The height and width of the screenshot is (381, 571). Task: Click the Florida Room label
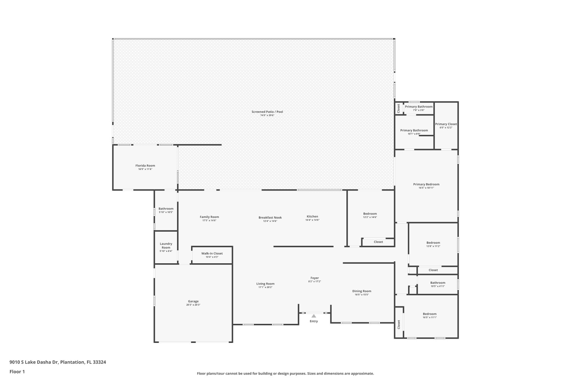145,166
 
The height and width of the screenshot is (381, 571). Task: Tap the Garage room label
193,301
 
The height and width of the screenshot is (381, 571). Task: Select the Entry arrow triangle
313,316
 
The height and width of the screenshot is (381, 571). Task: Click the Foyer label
314,278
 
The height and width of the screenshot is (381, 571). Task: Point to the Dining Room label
361,291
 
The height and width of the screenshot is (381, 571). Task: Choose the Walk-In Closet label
212,253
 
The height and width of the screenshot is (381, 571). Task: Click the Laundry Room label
166,245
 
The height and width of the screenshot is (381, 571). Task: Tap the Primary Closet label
446,124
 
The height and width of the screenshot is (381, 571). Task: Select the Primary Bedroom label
426,184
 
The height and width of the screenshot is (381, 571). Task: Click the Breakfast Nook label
270,218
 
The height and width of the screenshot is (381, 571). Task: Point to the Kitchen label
312,216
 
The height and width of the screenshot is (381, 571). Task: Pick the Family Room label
209,217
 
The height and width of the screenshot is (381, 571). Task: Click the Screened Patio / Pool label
267,112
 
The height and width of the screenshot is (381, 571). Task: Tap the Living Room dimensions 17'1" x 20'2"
265,287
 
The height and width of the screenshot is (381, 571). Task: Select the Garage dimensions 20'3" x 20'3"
193,305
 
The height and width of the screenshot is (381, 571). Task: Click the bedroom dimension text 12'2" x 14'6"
370,217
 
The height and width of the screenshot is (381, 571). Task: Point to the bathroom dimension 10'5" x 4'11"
437,286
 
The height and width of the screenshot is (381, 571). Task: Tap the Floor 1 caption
17,371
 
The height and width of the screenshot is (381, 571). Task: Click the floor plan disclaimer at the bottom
285,374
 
